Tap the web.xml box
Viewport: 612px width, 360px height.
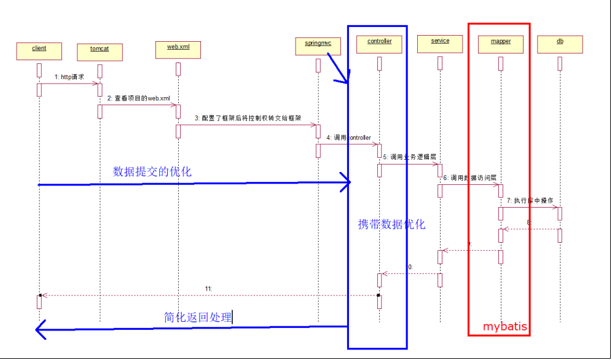click(x=178, y=49)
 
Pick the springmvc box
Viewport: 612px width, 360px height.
click(x=318, y=44)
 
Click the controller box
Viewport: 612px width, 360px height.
click(x=379, y=44)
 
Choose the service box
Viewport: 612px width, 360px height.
click(x=440, y=44)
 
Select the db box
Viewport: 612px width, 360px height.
click(x=560, y=44)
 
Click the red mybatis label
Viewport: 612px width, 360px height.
click(x=504, y=326)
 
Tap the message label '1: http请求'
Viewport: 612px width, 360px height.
click(x=69, y=77)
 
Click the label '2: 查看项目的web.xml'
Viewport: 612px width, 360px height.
click(x=138, y=99)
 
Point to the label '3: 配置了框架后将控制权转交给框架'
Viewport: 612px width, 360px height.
click(x=248, y=118)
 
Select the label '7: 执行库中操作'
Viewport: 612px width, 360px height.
click(x=530, y=201)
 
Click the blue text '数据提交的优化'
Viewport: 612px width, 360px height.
click(x=152, y=171)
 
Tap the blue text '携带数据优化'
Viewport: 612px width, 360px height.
click(x=391, y=224)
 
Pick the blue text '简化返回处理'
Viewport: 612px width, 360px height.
click(x=198, y=317)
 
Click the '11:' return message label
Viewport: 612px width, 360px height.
click(x=210, y=288)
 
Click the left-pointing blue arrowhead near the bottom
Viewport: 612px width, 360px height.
click(x=42, y=330)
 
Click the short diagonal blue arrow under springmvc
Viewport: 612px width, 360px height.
click(x=338, y=68)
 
